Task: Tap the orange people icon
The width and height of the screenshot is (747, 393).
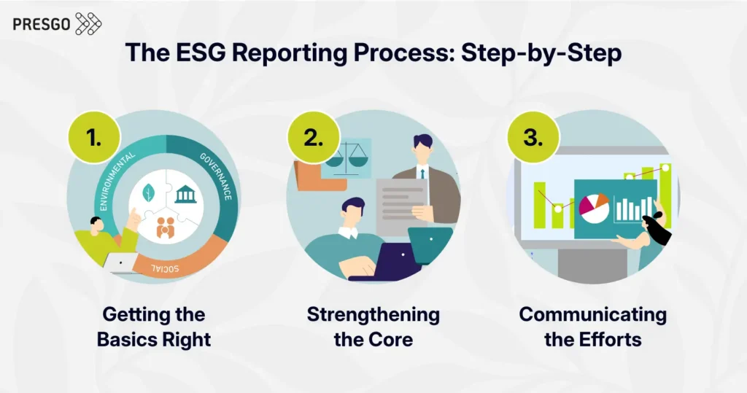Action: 166,227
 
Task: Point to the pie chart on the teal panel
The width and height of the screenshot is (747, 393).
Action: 594,208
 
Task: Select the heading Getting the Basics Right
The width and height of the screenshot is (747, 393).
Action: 154,327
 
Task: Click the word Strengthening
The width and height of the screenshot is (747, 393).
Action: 373,315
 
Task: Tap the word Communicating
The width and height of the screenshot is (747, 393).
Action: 592,315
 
